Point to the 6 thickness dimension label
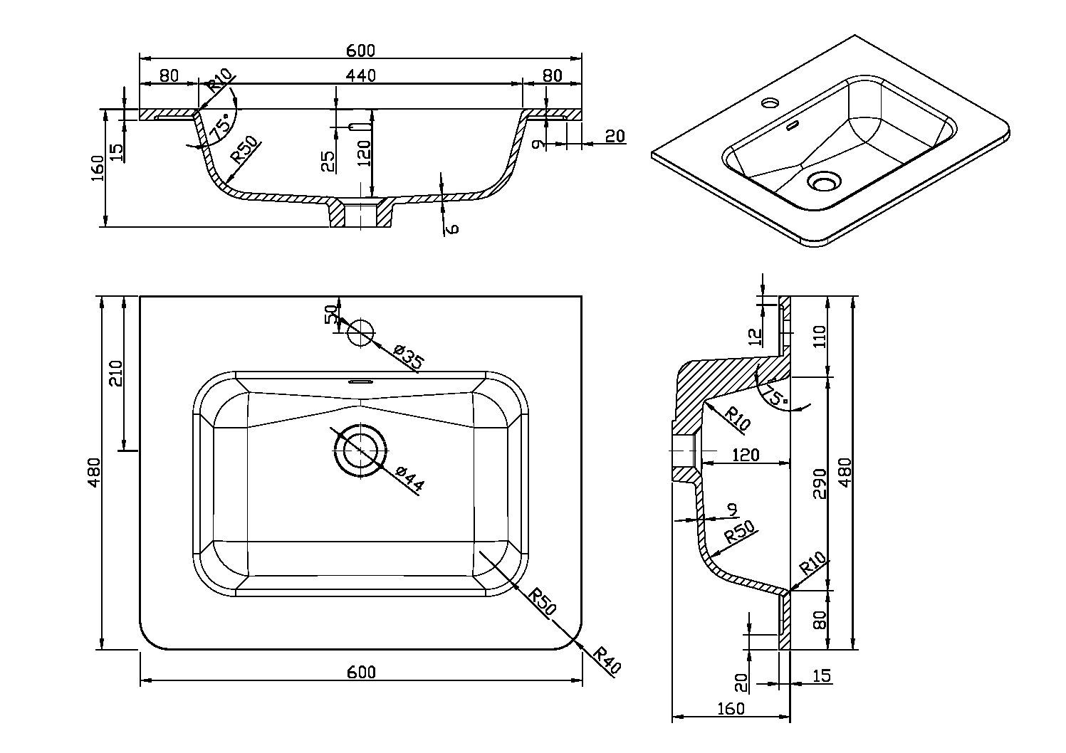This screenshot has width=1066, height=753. (452, 227)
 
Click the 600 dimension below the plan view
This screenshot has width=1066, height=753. (361, 672)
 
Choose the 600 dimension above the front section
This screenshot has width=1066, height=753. (360, 51)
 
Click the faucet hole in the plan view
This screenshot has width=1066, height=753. (360, 332)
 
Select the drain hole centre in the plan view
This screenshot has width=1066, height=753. (361, 451)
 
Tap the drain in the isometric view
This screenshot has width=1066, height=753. (824, 182)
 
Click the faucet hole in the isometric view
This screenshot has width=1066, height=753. (769, 102)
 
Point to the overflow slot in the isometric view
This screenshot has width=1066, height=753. (790, 127)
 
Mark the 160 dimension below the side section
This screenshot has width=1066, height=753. (731, 709)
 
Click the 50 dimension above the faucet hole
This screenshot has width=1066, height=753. (330, 314)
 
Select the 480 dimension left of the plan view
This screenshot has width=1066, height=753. (94, 473)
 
